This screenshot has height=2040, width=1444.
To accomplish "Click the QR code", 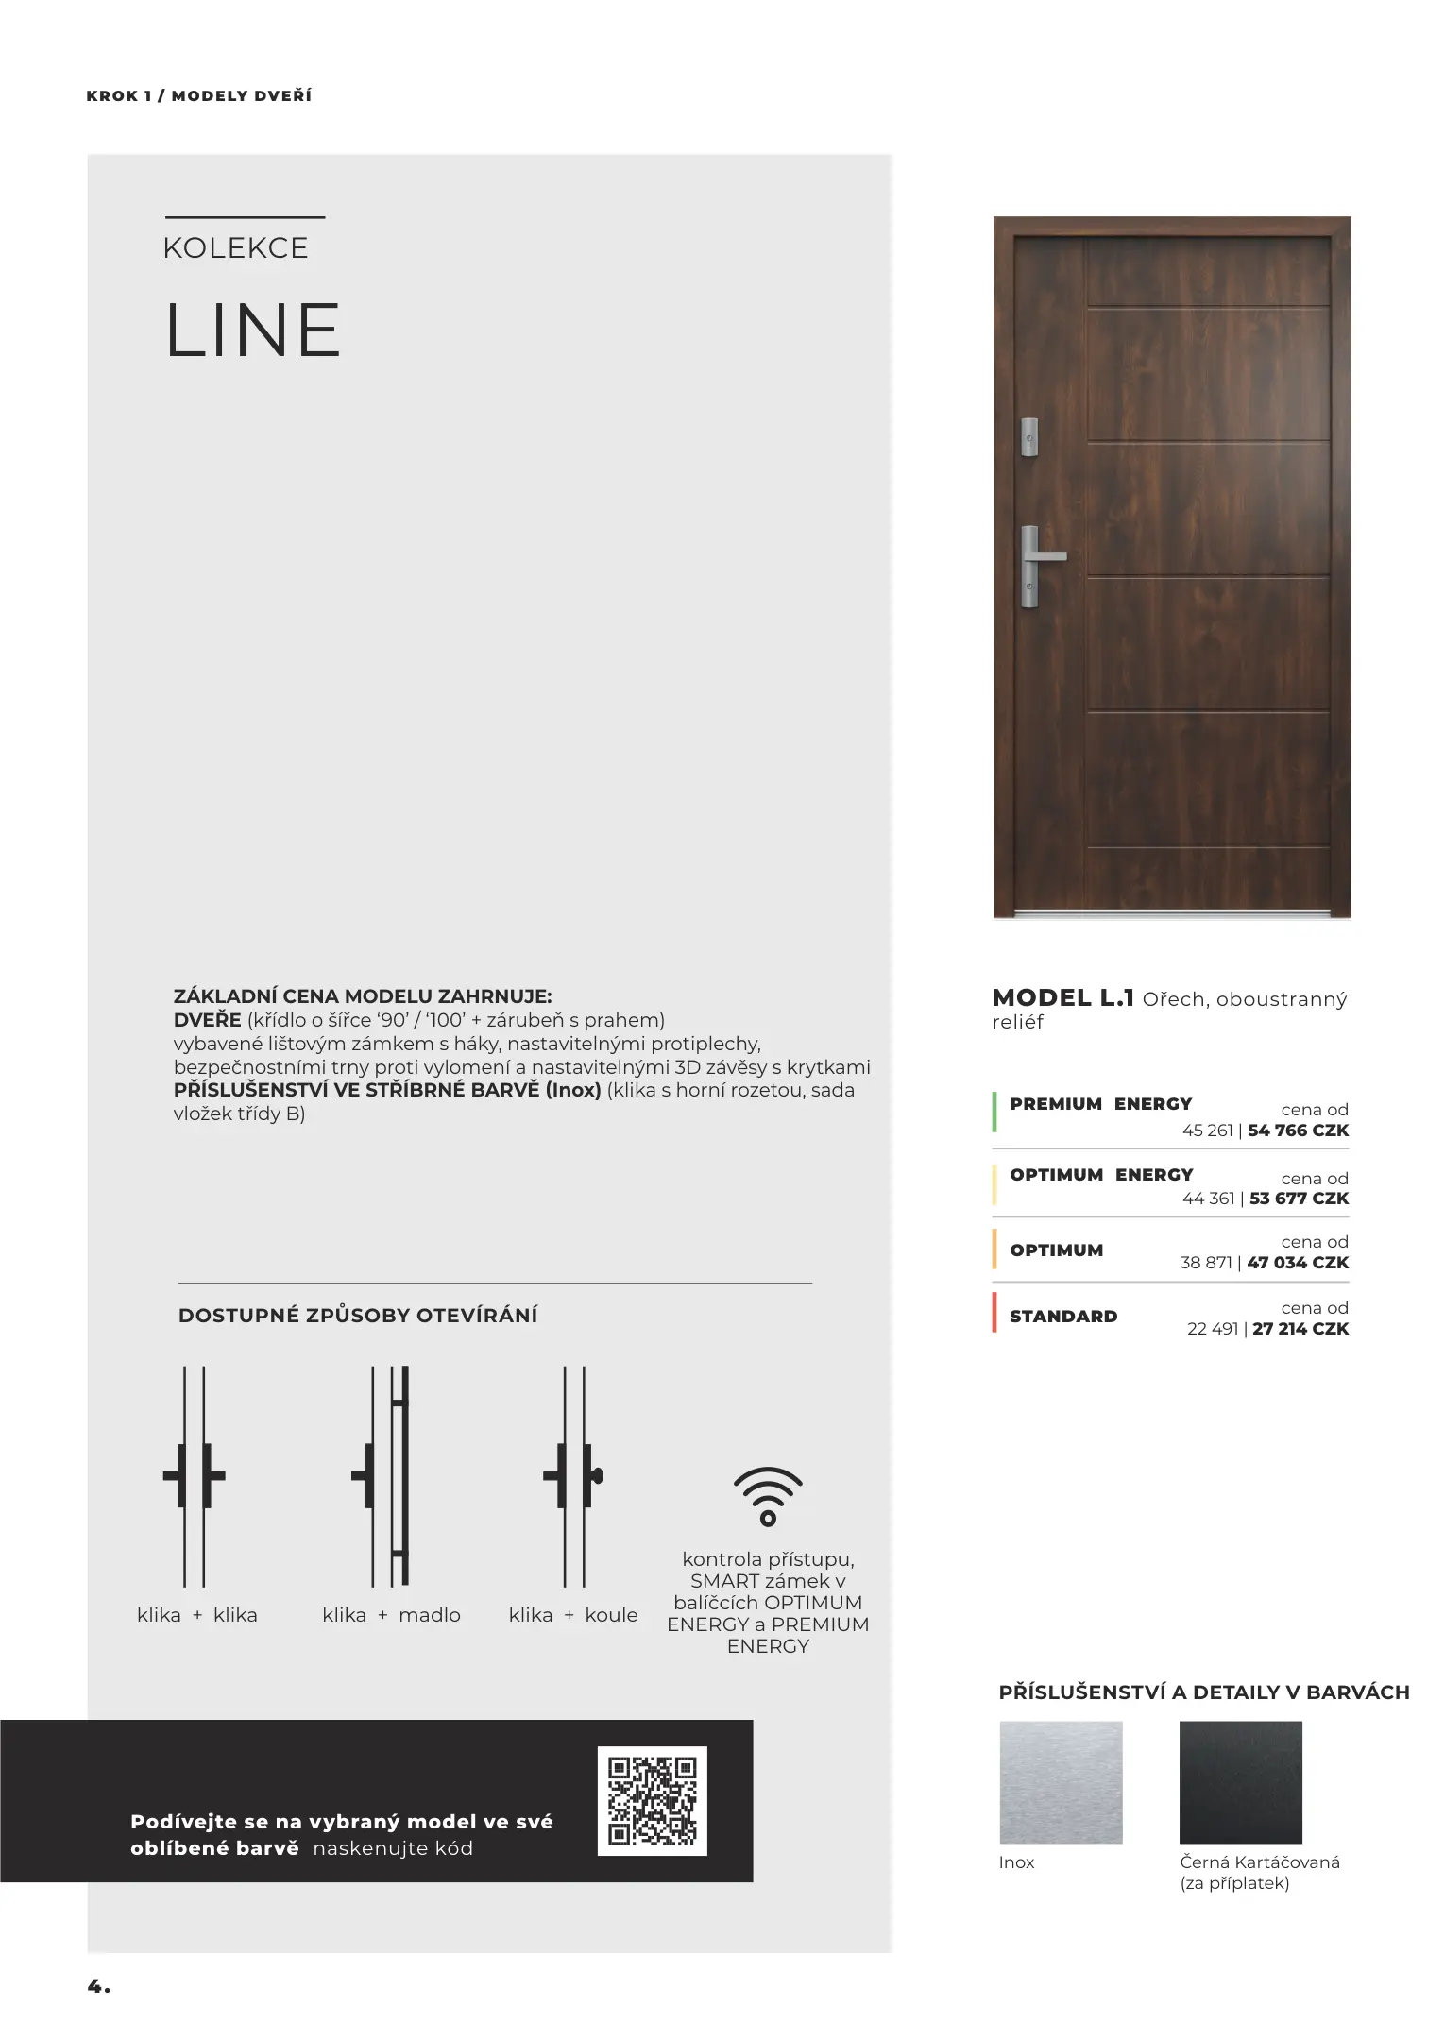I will pyautogui.click(x=652, y=1800).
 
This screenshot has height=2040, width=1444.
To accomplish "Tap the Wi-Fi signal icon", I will pyautogui.click(x=768, y=1497).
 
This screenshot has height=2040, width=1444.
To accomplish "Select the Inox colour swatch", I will pyautogui.click(x=1061, y=1782).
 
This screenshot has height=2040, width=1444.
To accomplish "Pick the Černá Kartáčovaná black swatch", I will pyautogui.click(x=1240, y=1782).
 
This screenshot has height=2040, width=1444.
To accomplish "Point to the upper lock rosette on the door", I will pyautogui.click(x=1029, y=437).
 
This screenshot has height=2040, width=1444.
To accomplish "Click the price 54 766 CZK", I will pyautogui.click(x=1298, y=1130).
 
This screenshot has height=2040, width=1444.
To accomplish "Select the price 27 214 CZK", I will pyautogui.click(x=1300, y=1329).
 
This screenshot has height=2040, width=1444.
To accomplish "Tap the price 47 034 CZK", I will pyautogui.click(x=1298, y=1263).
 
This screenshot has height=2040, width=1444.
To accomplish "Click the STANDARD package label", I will pyautogui.click(x=1062, y=1317).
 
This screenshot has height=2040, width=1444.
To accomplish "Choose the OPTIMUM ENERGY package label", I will pyautogui.click(x=1101, y=1175).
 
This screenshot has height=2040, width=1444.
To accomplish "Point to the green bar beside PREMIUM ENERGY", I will pyautogui.click(x=994, y=1112).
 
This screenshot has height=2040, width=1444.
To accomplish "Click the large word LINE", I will pyautogui.click(x=252, y=331).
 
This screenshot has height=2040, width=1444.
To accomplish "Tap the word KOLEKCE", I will pyautogui.click(x=236, y=248).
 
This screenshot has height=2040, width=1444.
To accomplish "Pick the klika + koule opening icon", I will pyautogui.click(x=573, y=1476).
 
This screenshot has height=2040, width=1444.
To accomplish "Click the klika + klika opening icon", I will pyautogui.click(x=195, y=1476).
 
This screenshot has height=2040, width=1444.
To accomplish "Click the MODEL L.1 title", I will pyautogui.click(x=1062, y=997).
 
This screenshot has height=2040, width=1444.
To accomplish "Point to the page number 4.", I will pyautogui.click(x=98, y=1986).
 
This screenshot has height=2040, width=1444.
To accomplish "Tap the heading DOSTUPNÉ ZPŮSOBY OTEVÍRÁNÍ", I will pyautogui.click(x=358, y=1316).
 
